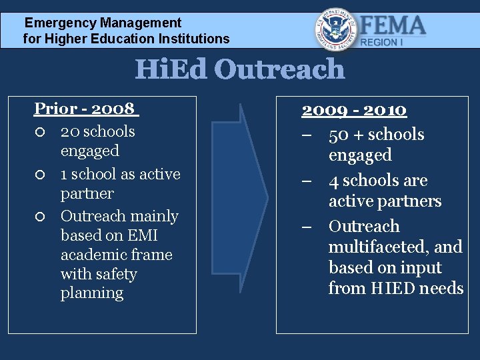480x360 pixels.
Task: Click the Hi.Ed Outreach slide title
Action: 239,69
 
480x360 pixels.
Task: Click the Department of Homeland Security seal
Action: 335,29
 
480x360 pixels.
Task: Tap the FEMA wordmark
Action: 393,25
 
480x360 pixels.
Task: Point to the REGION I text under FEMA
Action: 381,42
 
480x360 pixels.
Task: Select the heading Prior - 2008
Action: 85,108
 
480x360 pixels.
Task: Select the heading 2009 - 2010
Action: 354,109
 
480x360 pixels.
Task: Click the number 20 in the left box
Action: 70,131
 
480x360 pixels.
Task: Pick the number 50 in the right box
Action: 339,135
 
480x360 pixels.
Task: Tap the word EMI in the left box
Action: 143,235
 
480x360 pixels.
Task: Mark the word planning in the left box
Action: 92,293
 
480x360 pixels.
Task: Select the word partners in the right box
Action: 413,201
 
